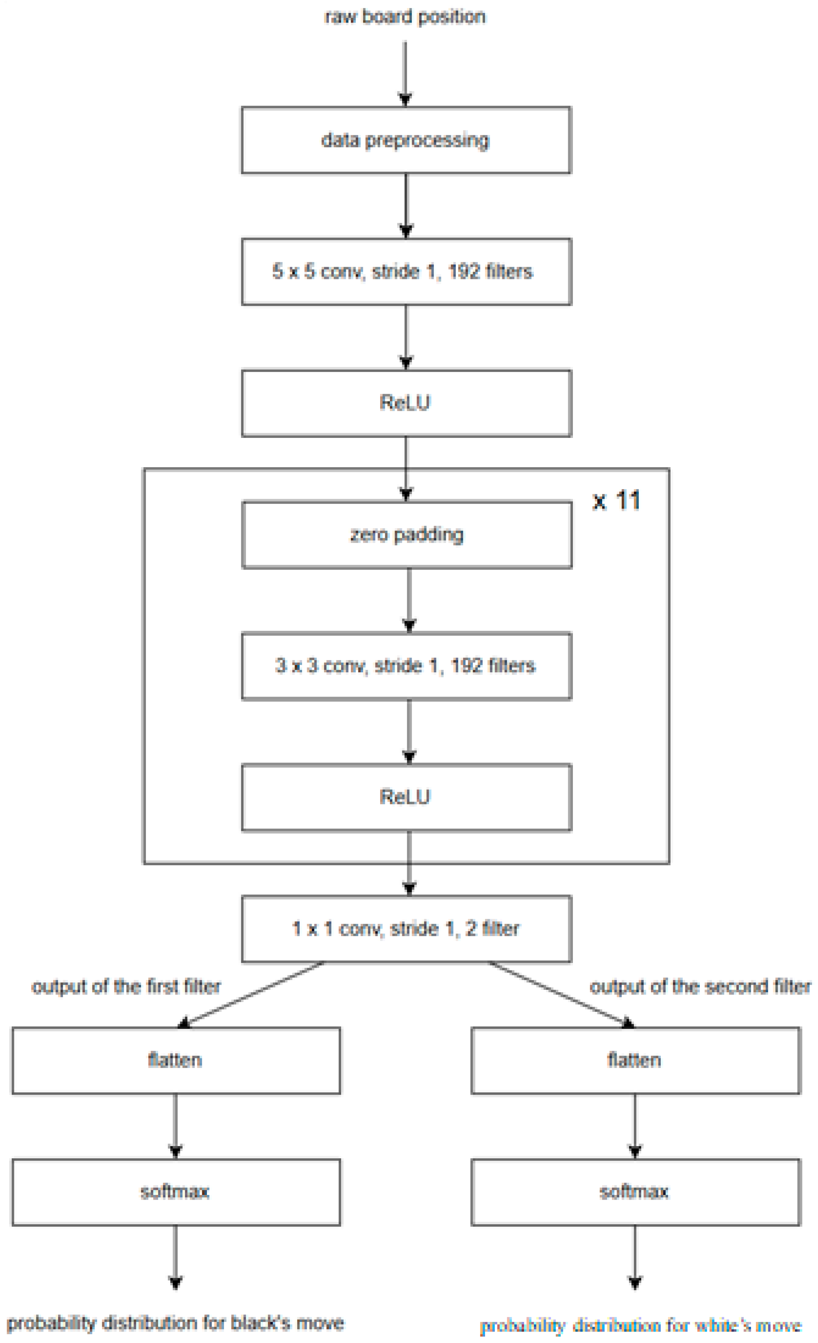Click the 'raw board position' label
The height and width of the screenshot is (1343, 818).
tap(405, 17)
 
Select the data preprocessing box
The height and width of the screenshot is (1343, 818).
tap(406, 140)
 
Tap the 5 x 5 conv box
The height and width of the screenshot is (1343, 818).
tap(406, 271)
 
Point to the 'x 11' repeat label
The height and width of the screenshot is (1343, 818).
tap(617, 500)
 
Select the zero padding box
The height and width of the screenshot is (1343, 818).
tap(406, 535)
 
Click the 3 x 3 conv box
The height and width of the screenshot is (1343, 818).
tap(406, 666)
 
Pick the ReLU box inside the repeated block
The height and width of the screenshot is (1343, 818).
tap(406, 797)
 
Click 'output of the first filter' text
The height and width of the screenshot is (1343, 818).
tap(126, 986)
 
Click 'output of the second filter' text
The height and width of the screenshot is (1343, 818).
tap(701, 986)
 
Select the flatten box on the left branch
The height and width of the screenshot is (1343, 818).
tap(176, 1060)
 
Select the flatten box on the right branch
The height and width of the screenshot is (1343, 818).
tap(636, 1060)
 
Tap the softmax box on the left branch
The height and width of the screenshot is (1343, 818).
tap(176, 1192)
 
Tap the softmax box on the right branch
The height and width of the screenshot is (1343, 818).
tap(636, 1192)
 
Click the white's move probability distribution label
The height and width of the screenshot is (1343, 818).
tap(640, 1325)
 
